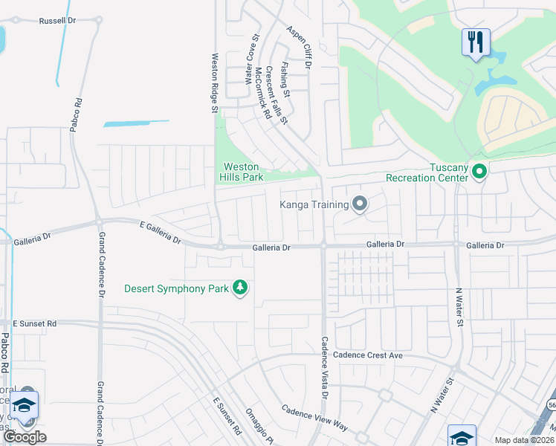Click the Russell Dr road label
click(x=58, y=21)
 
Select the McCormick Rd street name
click(x=262, y=93)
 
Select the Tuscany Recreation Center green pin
click(x=479, y=172)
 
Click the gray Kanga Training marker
click(x=361, y=203)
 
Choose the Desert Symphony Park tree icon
click(x=239, y=287)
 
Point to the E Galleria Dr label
click(x=160, y=233)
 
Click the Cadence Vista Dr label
click(x=324, y=368)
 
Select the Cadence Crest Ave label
click(x=368, y=355)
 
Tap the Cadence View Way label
click(x=314, y=417)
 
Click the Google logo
click(x=25, y=437)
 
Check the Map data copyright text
click(x=524, y=440)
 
